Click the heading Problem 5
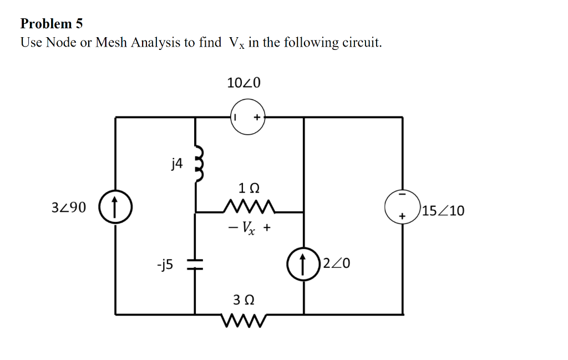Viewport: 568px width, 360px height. click(51, 24)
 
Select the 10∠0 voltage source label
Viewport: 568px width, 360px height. click(244, 83)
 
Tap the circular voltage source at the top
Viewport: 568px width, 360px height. click(248, 118)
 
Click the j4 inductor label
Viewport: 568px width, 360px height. click(176, 163)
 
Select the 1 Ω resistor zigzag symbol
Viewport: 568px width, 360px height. click(248, 207)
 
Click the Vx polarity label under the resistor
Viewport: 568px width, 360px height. click(248, 227)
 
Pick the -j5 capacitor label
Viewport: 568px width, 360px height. click(165, 265)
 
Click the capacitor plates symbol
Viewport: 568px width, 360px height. click(195, 265)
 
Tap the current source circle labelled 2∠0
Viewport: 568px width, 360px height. click(303, 263)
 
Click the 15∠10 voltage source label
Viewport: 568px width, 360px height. click(443, 211)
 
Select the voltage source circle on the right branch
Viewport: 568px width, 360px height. click(402, 206)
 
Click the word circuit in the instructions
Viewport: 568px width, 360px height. click(359, 43)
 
